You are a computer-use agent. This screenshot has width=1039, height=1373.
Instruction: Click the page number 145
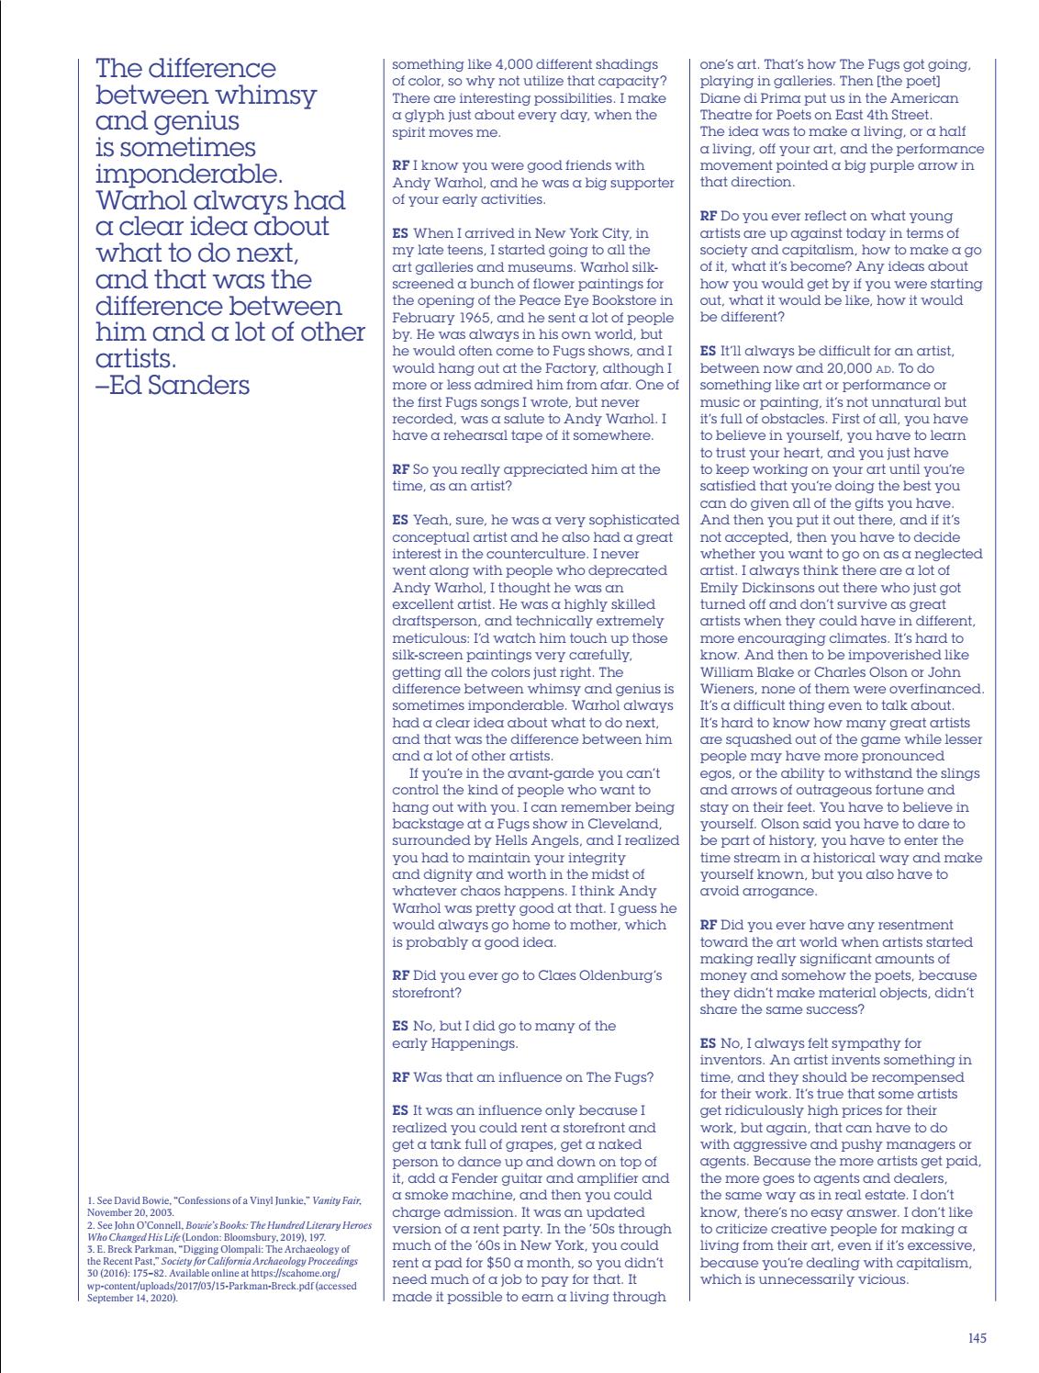pyautogui.click(x=977, y=1338)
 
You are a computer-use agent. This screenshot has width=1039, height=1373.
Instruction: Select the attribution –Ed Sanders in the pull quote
pyautogui.click(x=173, y=385)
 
